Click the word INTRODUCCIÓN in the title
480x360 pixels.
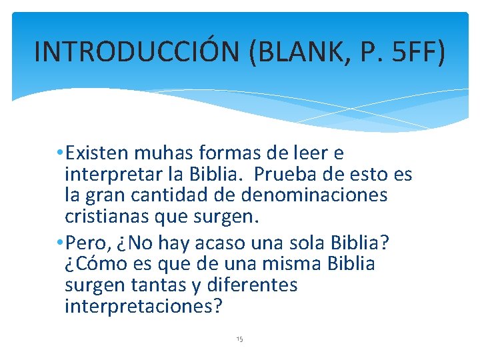point(137,51)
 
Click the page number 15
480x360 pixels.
point(240,339)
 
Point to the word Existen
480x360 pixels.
point(99,154)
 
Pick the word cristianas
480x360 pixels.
point(107,218)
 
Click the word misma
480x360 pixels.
point(292,264)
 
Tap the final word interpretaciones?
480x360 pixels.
point(144,307)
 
